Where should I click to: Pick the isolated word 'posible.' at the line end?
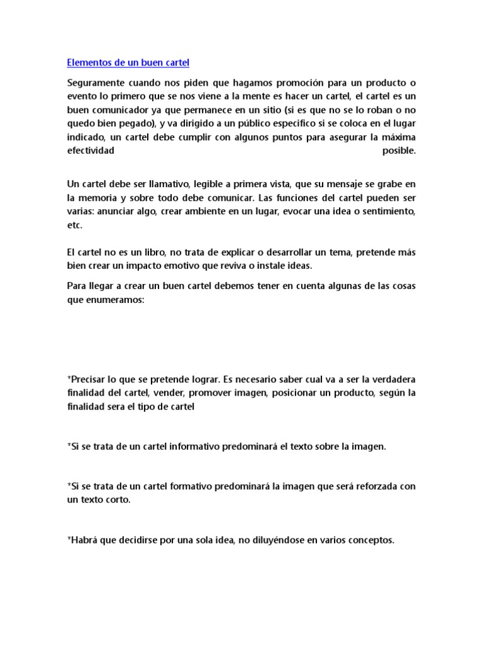399,151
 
